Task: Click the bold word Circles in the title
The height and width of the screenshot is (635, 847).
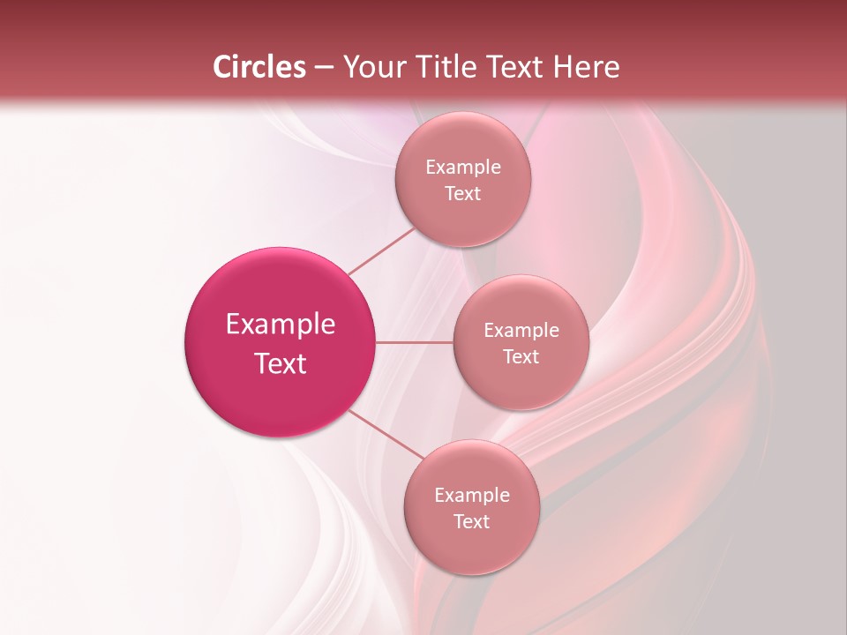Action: click(x=259, y=67)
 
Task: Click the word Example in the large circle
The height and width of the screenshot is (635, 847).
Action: click(x=281, y=325)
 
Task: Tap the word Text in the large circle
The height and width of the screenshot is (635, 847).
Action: click(x=281, y=363)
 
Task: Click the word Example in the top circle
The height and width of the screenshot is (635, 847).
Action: click(x=462, y=168)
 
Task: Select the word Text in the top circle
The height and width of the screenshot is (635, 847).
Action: click(x=462, y=194)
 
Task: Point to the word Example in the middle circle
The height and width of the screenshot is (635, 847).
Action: click(x=521, y=331)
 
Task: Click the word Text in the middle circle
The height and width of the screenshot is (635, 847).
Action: click(x=521, y=357)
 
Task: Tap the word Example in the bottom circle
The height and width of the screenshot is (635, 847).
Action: click(x=471, y=496)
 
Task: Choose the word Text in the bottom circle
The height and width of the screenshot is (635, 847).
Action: click(x=471, y=522)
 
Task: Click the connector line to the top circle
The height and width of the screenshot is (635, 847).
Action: click(x=381, y=250)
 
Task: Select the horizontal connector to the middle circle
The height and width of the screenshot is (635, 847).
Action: click(x=415, y=342)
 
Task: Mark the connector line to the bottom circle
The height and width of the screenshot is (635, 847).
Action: click(x=386, y=434)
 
